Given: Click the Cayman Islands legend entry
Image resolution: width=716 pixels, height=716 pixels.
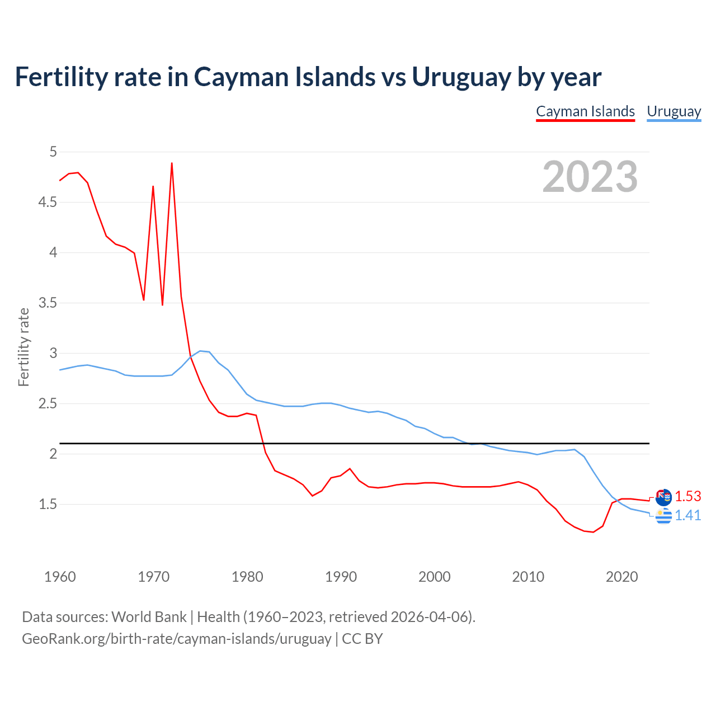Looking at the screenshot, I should [585, 111].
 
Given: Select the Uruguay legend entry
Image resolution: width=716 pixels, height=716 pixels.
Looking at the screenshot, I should [673, 111].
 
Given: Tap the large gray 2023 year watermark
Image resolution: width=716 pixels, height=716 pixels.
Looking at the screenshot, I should [590, 177].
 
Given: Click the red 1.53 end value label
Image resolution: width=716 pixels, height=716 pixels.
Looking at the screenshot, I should [687, 496].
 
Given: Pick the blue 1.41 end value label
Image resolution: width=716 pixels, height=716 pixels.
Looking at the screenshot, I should [687, 515].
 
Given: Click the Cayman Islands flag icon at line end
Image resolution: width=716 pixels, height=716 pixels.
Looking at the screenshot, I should [663, 497].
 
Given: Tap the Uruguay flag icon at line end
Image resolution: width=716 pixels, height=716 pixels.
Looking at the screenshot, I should [663, 516].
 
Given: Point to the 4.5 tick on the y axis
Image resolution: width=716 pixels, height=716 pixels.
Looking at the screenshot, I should [48, 202].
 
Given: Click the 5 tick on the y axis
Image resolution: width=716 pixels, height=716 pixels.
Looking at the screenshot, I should [53, 152].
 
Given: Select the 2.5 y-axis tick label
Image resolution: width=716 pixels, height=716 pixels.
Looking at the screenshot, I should [48, 403].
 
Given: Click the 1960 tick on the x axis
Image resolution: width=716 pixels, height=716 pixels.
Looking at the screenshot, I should [60, 577].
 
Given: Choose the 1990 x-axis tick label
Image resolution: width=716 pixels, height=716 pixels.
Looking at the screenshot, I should [341, 577].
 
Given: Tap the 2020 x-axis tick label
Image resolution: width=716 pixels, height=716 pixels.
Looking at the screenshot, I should [621, 577].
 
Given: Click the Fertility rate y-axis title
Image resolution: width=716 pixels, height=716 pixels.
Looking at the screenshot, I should [23, 347].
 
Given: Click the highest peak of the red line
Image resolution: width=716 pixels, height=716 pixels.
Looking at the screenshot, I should [172, 163].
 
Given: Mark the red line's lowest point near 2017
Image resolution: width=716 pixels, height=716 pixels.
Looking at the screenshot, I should [593, 532].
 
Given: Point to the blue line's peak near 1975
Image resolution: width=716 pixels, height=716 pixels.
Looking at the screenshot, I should [200, 351].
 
